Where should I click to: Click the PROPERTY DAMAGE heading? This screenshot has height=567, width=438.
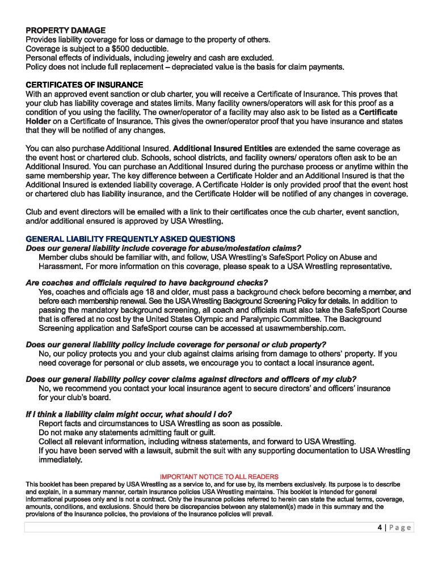[x=65, y=31]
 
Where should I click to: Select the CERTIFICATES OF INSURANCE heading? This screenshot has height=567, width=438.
[x=85, y=85]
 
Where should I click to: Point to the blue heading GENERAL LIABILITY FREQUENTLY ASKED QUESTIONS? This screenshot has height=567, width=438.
[x=130, y=238]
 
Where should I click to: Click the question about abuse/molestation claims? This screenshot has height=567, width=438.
[x=163, y=248]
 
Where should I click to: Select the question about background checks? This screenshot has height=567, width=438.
[x=146, y=283]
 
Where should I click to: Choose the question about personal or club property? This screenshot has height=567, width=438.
[x=176, y=344]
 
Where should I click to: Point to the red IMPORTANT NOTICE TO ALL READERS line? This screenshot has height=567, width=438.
[x=220, y=476]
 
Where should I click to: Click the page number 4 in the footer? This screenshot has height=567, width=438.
[x=380, y=527]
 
